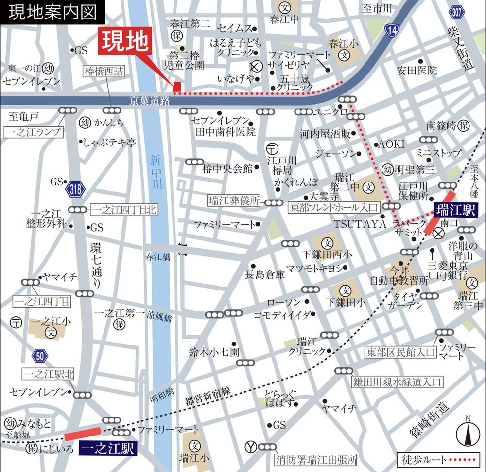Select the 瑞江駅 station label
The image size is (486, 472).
click(456, 210)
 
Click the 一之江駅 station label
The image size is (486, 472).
click(108, 448)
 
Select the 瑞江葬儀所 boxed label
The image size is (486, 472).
click(234, 201)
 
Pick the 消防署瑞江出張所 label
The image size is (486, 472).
click(316, 459)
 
